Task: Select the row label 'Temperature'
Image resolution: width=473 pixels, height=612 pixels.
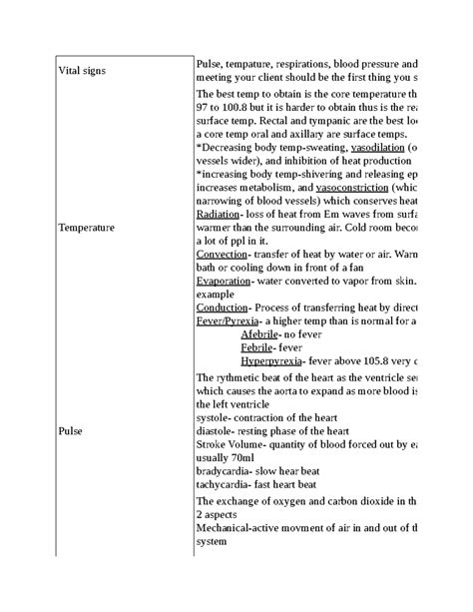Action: pyautogui.click(x=87, y=227)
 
